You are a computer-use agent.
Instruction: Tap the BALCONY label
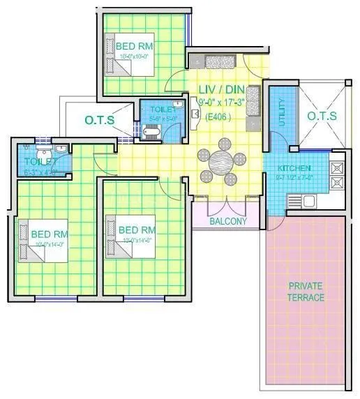click(x=228, y=221)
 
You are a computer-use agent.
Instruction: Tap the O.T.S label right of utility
click(x=323, y=115)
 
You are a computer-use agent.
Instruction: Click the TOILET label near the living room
click(x=161, y=110)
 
